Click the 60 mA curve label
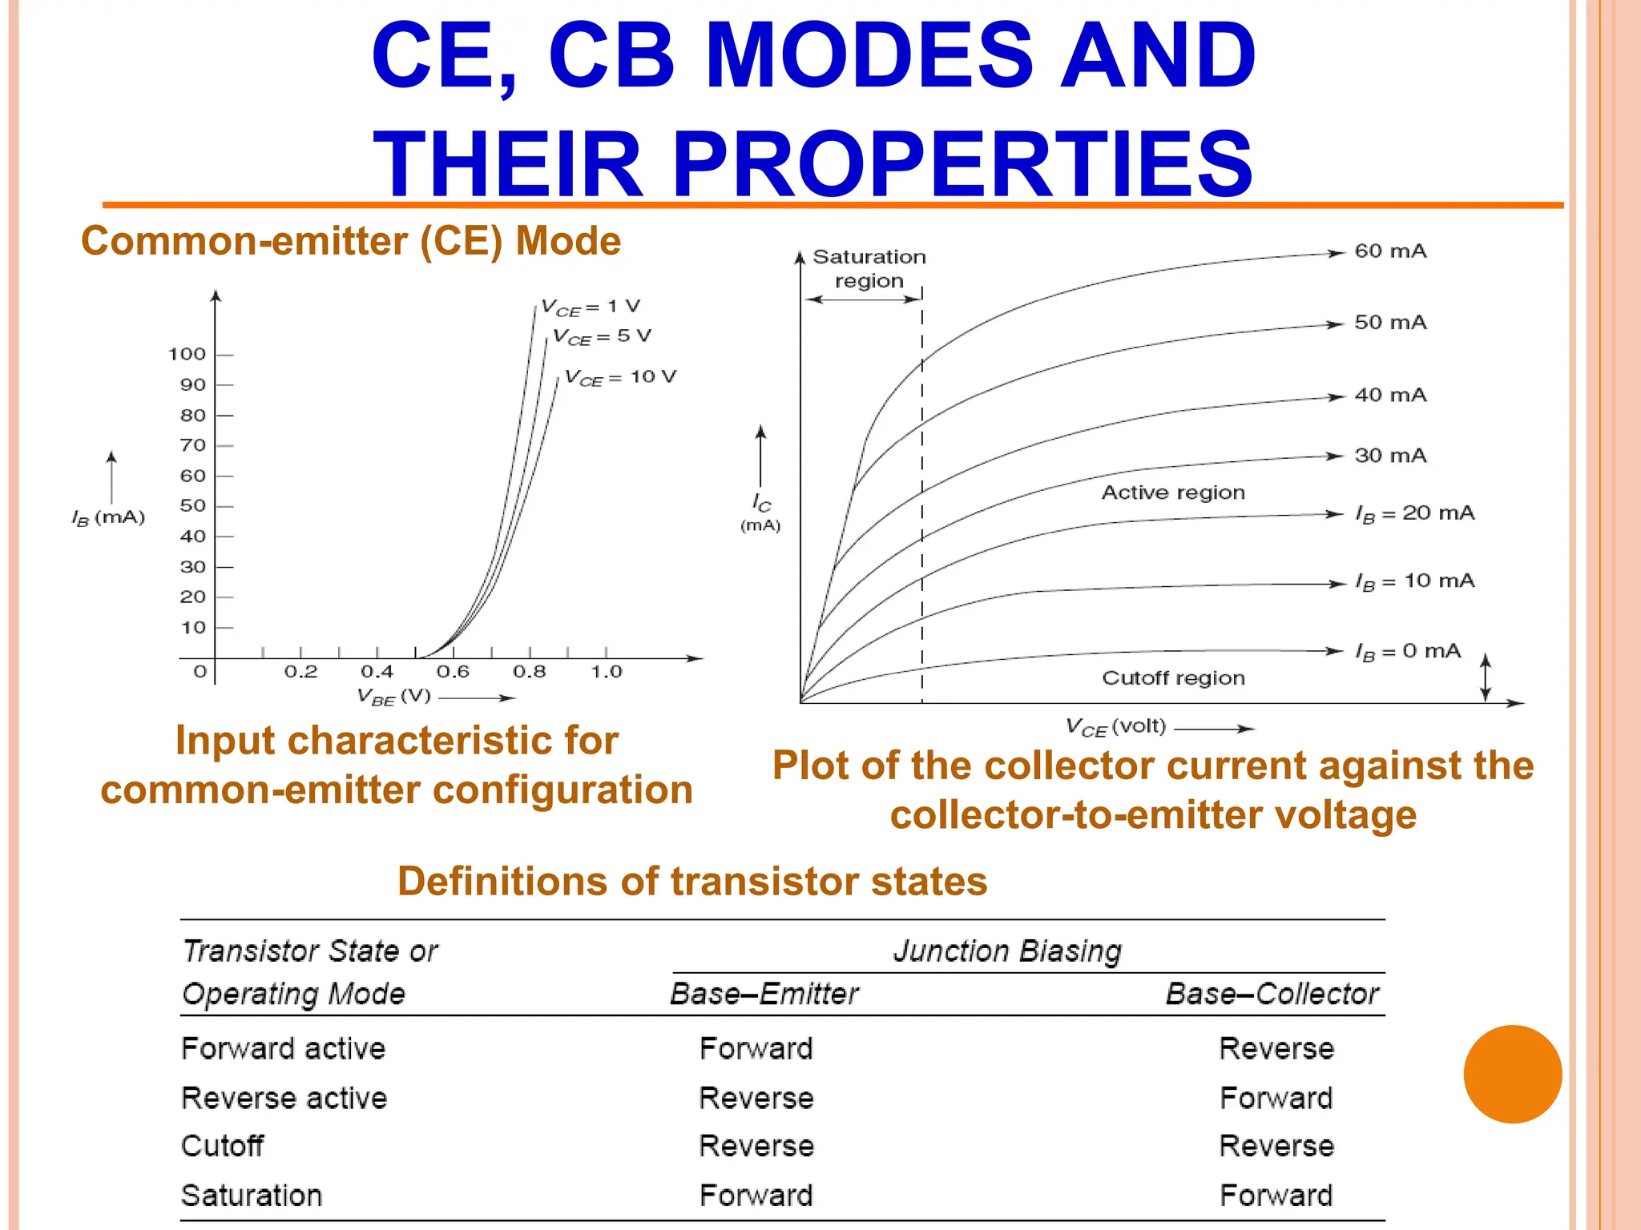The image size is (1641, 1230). click(1390, 251)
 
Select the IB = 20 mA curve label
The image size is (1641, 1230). click(1414, 513)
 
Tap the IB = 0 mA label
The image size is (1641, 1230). click(1408, 651)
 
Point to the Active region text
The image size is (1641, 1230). click(1173, 492)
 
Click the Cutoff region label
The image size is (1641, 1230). click(1173, 678)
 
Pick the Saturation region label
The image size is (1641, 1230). click(869, 268)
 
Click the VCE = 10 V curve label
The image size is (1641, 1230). click(621, 377)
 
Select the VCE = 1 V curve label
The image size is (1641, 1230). click(591, 307)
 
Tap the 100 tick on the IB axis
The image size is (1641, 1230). click(187, 354)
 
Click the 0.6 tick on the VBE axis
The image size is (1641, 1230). click(453, 672)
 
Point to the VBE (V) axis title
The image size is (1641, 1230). click(394, 696)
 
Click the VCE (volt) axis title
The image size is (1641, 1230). click(1115, 727)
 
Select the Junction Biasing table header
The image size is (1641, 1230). click(1007, 951)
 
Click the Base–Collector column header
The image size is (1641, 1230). click(1272, 994)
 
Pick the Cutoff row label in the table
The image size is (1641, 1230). click(222, 1146)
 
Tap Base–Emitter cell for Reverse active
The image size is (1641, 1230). click(756, 1098)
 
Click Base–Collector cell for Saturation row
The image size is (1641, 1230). click(1276, 1196)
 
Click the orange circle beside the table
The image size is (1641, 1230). click(1512, 1074)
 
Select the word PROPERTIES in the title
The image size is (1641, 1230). click(962, 164)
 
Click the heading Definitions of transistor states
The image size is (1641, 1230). click(692, 881)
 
